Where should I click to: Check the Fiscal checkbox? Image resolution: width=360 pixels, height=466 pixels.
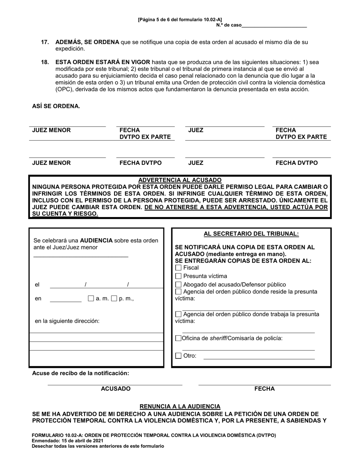tap(178, 268)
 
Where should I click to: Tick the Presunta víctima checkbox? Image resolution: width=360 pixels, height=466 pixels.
tap(178, 276)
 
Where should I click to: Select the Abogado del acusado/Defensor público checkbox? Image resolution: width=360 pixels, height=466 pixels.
tap(178, 285)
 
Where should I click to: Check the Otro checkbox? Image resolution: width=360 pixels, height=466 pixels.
tap(178, 356)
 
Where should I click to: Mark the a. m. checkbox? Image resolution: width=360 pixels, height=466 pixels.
tap(91, 299)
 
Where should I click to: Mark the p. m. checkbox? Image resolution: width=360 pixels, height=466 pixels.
tap(113, 299)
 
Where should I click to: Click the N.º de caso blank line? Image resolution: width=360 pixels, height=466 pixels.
tap(274, 27)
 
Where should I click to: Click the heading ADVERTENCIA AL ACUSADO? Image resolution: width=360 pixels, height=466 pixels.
tap(180, 180)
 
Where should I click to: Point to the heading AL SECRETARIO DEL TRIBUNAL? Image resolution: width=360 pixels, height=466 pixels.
tap(251, 234)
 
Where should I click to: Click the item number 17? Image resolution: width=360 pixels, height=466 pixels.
tap(45, 42)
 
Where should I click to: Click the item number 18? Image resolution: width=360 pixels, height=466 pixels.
tap(45, 62)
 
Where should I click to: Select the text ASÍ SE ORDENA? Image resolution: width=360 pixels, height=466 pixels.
tap(56, 106)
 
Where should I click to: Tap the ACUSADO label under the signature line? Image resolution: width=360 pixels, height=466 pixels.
tap(116, 389)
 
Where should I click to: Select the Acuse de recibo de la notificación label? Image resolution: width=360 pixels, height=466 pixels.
tap(80, 373)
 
